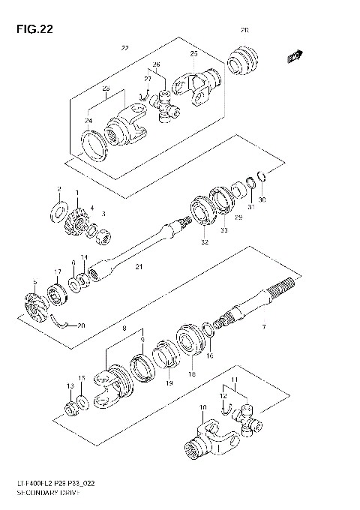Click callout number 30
point(262,199)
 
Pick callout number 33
point(223,232)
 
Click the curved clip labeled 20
point(65,323)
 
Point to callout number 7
point(263,327)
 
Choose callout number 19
point(168,382)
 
